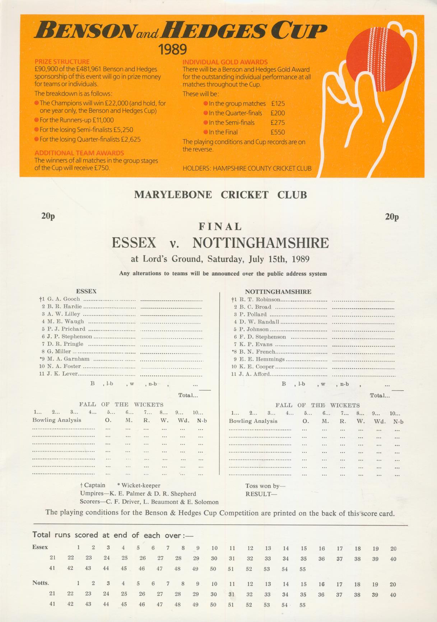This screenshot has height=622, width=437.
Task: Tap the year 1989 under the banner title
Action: [173, 49]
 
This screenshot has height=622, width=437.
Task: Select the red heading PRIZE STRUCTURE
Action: [62, 61]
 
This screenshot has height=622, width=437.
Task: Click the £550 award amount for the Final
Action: [278, 132]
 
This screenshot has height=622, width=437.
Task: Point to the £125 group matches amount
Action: [278, 103]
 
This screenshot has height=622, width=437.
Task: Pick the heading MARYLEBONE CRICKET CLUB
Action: [220, 195]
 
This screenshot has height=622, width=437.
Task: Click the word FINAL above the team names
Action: [220, 227]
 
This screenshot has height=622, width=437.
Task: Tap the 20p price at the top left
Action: [48, 216]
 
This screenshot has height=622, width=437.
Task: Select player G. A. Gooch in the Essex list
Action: [64, 299]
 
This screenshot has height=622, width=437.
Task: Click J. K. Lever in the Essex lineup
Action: [62, 374]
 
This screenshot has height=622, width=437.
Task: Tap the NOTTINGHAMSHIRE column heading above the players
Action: [278, 292]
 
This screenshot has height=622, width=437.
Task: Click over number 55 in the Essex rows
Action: [303, 569]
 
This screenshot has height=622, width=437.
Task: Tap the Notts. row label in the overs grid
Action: [41, 583]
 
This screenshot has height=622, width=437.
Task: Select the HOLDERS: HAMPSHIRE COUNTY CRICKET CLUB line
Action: [247, 168]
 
